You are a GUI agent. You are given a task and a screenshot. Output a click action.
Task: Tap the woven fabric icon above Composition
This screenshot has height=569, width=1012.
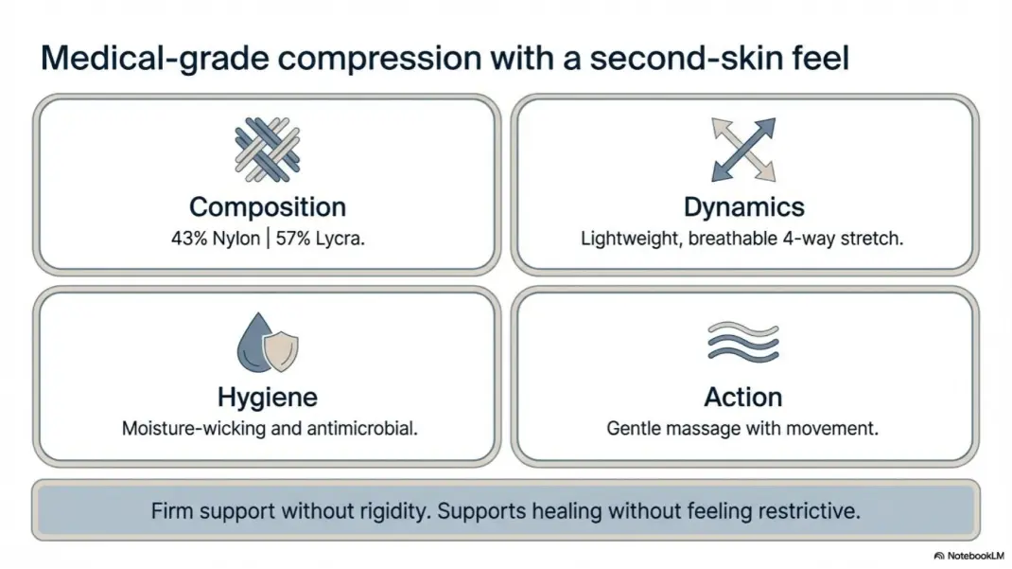point(268,150)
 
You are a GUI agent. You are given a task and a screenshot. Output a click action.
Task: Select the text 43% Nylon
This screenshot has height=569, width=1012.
point(216,239)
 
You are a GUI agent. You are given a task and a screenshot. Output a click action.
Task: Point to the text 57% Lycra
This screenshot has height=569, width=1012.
point(320,239)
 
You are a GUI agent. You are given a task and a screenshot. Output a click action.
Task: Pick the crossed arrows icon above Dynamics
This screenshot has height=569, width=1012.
point(743,150)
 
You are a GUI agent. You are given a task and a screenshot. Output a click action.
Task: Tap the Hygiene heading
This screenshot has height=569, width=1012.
point(268,398)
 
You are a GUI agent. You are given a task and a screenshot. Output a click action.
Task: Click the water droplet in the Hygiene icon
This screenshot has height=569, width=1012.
point(254,343)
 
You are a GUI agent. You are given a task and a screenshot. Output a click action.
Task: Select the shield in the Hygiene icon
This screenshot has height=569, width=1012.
point(282,352)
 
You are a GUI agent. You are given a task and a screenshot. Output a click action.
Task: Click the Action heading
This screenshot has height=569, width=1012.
point(742,398)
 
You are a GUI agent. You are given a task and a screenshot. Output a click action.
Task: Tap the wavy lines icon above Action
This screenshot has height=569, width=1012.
point(743,342)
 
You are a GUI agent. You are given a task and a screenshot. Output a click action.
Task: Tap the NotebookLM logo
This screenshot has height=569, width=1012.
point(968,556)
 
